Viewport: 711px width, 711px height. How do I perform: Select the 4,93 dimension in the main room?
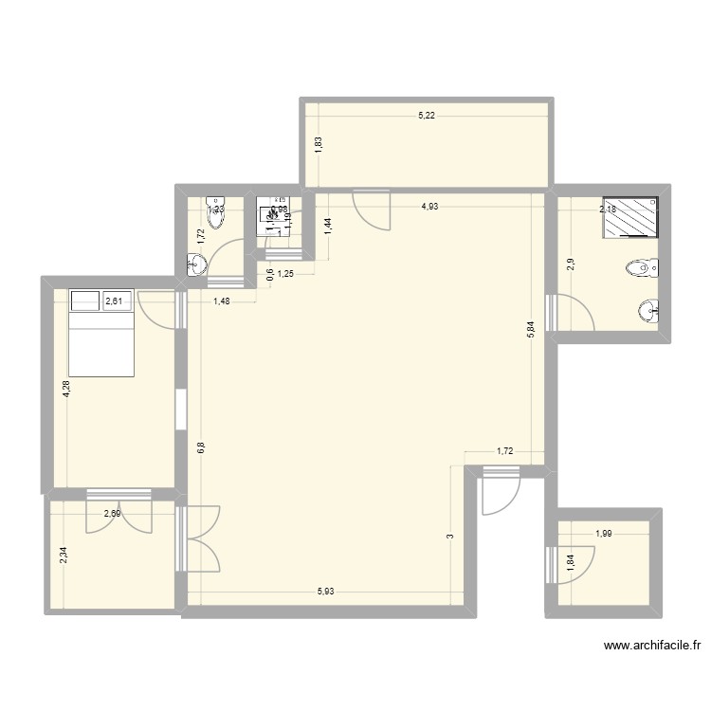coord(430,207)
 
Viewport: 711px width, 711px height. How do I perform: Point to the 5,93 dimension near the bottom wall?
coord(325,592)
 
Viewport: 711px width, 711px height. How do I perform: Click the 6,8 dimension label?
coord(201,447)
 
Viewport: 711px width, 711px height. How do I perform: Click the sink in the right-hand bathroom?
coord(649,310)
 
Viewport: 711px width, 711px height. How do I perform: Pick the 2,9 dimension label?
coord(571,264)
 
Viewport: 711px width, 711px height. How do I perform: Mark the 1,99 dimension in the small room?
coord(603,534)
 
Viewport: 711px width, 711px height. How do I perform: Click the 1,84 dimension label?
coord(570,560)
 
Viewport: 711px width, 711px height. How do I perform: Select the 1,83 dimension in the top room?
coord(319,144)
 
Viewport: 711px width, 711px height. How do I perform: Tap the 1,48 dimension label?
coord(223,301)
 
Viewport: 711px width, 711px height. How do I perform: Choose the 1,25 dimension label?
coord(285,275)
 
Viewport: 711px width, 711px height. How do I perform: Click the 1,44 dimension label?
coord(328,225)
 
